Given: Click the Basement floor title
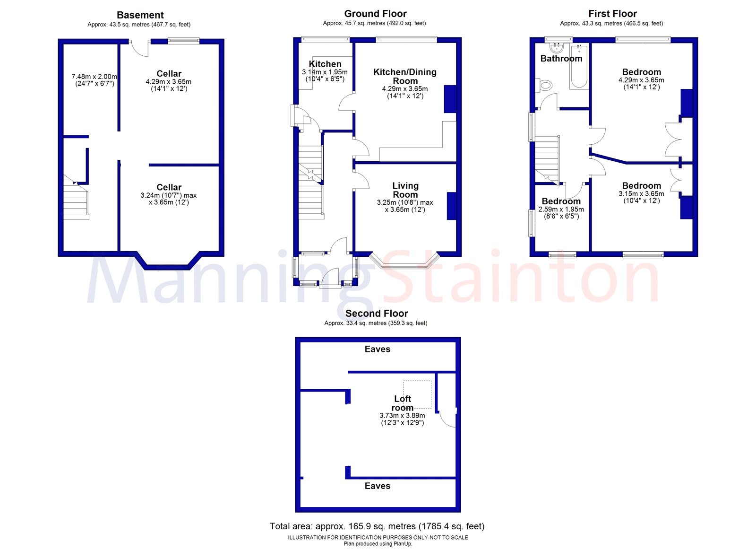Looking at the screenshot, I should [140, 15].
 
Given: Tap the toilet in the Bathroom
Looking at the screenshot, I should [545, 86].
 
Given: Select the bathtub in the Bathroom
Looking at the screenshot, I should [579, 67].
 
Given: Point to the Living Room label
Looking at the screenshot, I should [405, 190].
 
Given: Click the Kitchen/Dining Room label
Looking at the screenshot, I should [405, 76].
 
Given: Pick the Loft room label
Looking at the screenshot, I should [403, 403].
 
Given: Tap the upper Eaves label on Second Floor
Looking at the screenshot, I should [378, 349].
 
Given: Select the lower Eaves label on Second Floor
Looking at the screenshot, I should [378, 486].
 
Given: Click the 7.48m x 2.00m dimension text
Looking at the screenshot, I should [94, 77].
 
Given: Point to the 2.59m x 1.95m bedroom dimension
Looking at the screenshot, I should [561, 209].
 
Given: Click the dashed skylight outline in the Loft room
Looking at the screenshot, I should [417, 394].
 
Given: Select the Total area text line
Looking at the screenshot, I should [377, 526].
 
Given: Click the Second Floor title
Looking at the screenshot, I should [377, 313].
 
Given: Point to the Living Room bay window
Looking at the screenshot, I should [404, 262].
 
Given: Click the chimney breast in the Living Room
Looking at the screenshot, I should [452, 206].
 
